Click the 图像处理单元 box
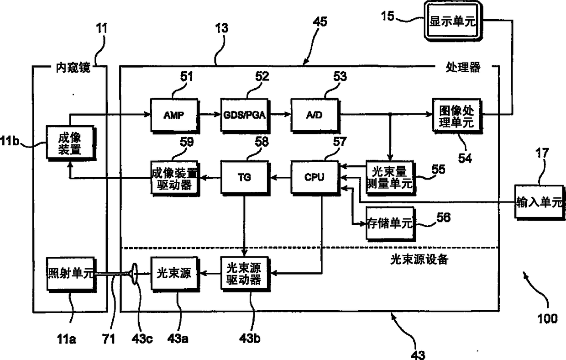458,116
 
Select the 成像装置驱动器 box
174,177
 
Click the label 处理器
462,68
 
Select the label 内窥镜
70,68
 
